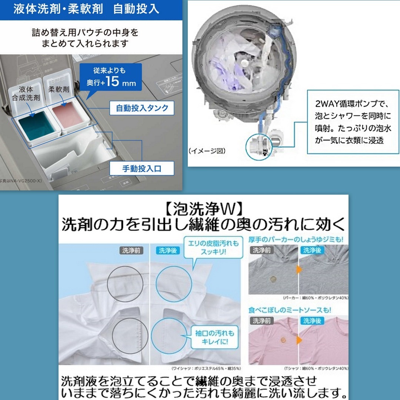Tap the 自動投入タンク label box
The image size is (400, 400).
(142, 108)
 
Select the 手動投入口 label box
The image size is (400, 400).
(142, 169)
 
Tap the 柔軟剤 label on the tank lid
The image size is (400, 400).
(59, 89)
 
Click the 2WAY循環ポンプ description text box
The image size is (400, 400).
(353, 122)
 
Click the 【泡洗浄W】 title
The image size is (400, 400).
(203, 210)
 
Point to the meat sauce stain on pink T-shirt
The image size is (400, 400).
(283, 339)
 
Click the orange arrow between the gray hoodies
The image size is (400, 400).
(299, 269)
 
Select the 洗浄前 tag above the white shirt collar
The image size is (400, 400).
(131, 250)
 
